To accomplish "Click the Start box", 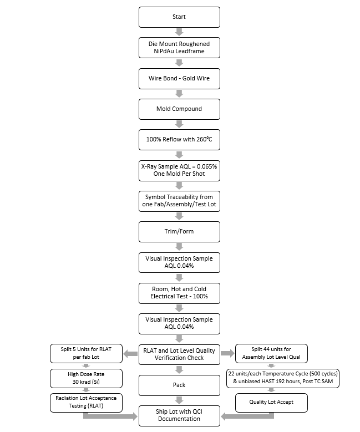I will coord(179,17).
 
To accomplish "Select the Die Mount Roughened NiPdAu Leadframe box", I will coord(179,47).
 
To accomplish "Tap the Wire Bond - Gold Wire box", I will coord(179,78).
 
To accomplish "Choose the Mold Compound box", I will coord(179,109).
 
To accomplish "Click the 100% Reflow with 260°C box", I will coord(179,139).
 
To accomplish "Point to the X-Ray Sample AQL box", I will coord(179,170).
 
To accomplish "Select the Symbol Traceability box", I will coord(179,201).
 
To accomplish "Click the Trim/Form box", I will coord(179,231).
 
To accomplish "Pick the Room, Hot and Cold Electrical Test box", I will coord(179,293).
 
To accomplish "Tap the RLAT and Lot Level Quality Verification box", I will coord(179,354).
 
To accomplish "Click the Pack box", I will coord(179,385).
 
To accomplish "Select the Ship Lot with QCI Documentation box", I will coord(179,415).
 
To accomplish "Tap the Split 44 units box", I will coord(271,353).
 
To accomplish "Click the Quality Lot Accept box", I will coord(271,402).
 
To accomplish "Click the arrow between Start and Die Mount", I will coord(179,32).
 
